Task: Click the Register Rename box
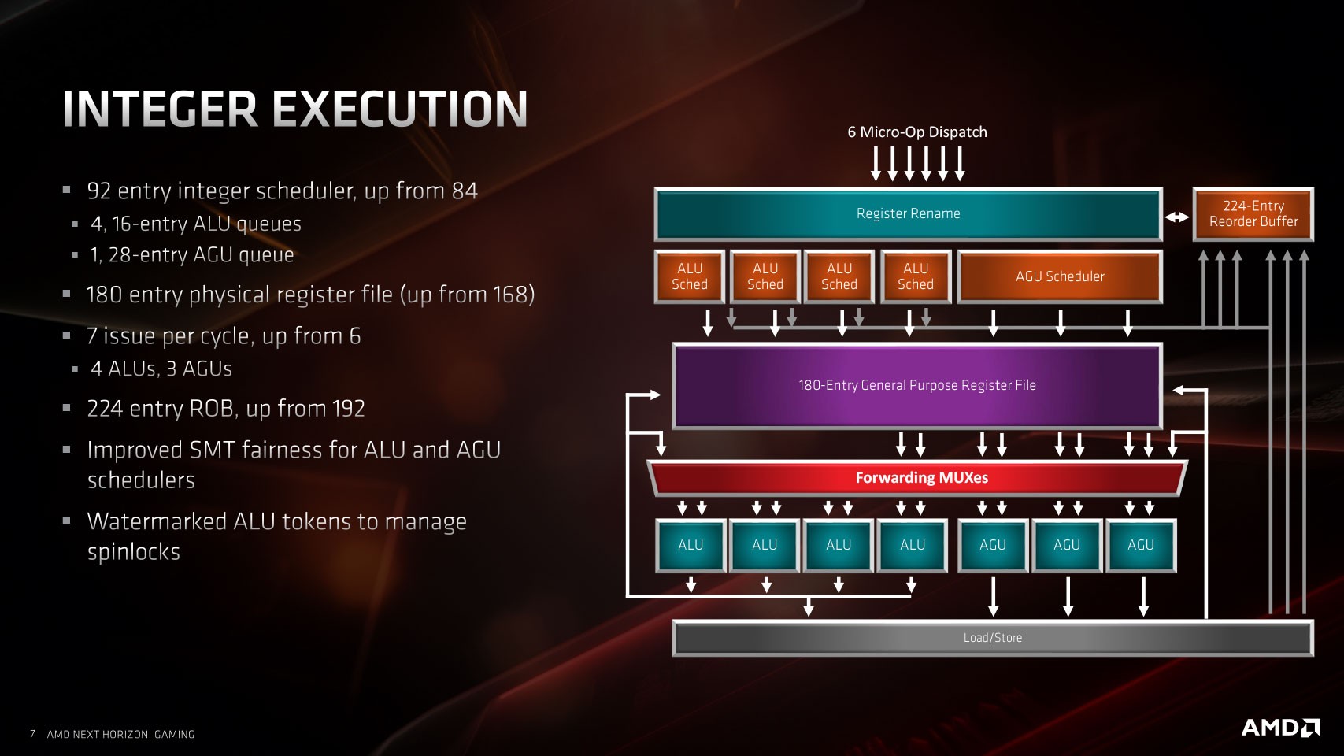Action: point(909,214)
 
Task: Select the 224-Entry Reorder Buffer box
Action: point(1253,214)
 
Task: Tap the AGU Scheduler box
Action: point(1061,276)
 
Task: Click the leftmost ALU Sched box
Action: point(690,276)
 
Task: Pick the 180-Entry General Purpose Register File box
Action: point(917,386)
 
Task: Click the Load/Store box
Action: point(993,638)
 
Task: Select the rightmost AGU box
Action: point(1141,546)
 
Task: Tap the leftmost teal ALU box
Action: point(691,546)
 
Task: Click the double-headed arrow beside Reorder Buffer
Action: point(1177,217)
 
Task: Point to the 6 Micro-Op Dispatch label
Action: point(916,132)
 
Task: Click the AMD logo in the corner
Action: point(1280,728)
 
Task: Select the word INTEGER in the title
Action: point(160,109)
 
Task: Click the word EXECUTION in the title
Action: point(400,109)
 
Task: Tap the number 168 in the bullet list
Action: point(510,295)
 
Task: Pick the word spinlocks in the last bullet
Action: point(134,552)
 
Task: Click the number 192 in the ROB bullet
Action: point(347,409)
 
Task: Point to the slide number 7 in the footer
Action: point(32,734)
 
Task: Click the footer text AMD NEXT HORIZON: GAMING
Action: point(120,735)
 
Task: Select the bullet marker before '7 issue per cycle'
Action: point(67,335)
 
